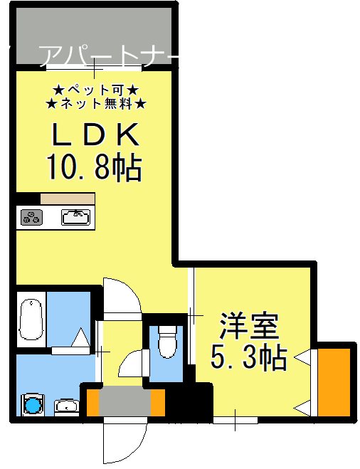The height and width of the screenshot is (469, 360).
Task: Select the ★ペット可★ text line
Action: [x=95, y=90]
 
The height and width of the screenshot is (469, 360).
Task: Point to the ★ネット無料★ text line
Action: [x=95, y=105]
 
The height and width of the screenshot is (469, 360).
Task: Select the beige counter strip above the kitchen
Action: [x=68, y=199]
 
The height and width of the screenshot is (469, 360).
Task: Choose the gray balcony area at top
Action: [x=92, y=36]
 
